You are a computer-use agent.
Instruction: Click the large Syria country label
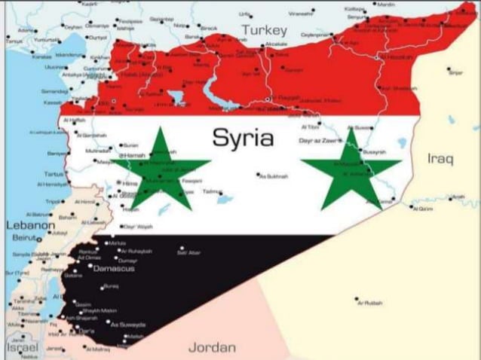[243, 138]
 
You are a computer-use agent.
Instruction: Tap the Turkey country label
[264, 31]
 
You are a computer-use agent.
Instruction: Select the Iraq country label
[440, 159]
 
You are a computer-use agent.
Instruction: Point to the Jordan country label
[212, 347]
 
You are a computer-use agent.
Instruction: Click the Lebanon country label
[30, 224]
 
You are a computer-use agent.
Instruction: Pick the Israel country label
[22, 347]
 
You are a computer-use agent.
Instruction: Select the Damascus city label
[114, 268]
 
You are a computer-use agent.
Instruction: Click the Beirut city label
[26, 237]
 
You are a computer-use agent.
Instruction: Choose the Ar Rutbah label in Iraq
[369, 303]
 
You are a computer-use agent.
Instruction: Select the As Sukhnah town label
[274, 176]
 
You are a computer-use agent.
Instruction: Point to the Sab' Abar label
[188, 252]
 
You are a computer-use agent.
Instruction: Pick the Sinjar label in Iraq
[455, 72]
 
